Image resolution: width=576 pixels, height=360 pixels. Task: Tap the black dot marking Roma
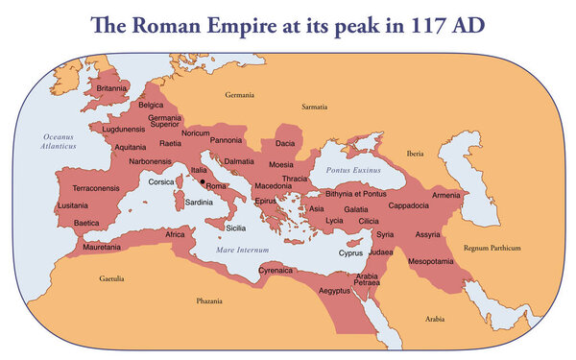(x=203, y=180)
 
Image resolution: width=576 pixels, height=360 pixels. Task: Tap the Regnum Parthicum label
(x=491, y=249)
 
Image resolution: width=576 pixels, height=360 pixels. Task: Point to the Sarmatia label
(x=315, y=108)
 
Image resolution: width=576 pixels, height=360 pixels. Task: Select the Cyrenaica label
(x=276, y=272)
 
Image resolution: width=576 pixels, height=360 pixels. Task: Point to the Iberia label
(x=415, y=153)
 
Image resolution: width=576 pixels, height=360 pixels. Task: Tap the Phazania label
(x=209, y=301)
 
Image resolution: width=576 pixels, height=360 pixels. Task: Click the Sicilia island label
(x=236, y=228)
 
